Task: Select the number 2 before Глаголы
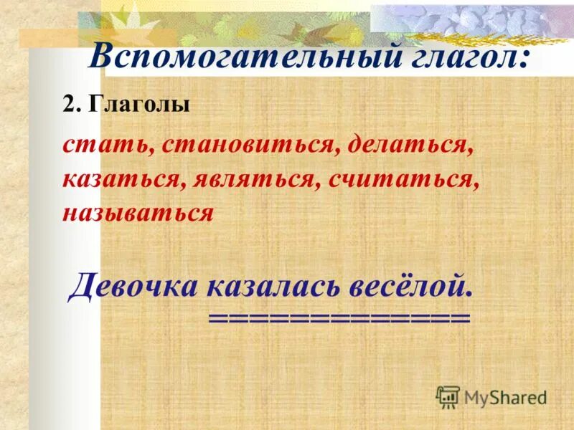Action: coord(69,105)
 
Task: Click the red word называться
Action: coord(138,213)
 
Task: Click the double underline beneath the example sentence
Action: coord(339,317)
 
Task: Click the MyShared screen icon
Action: coord(448,396)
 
